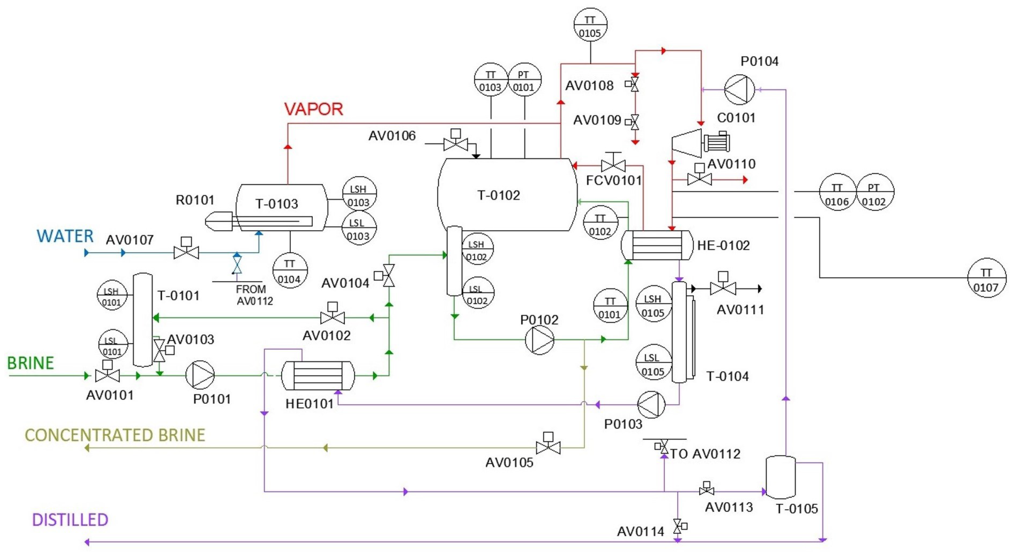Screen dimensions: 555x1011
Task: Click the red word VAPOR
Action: tap(314, 109)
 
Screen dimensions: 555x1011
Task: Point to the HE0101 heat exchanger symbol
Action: tap(318, 376)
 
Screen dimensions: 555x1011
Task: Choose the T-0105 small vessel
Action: tap(781, 477)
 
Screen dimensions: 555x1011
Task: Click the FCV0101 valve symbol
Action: tap(613, 165)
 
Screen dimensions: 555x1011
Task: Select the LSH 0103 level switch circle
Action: tap(359, 194)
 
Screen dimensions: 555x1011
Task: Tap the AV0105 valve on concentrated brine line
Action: tap(548, 447)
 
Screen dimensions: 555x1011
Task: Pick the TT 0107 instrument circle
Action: tap(986, 278)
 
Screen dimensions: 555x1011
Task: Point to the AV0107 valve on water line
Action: tap(186, 252)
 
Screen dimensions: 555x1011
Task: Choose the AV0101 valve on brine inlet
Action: tap(107, 375)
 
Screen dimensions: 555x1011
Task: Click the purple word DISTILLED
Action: tap(70, 520)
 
